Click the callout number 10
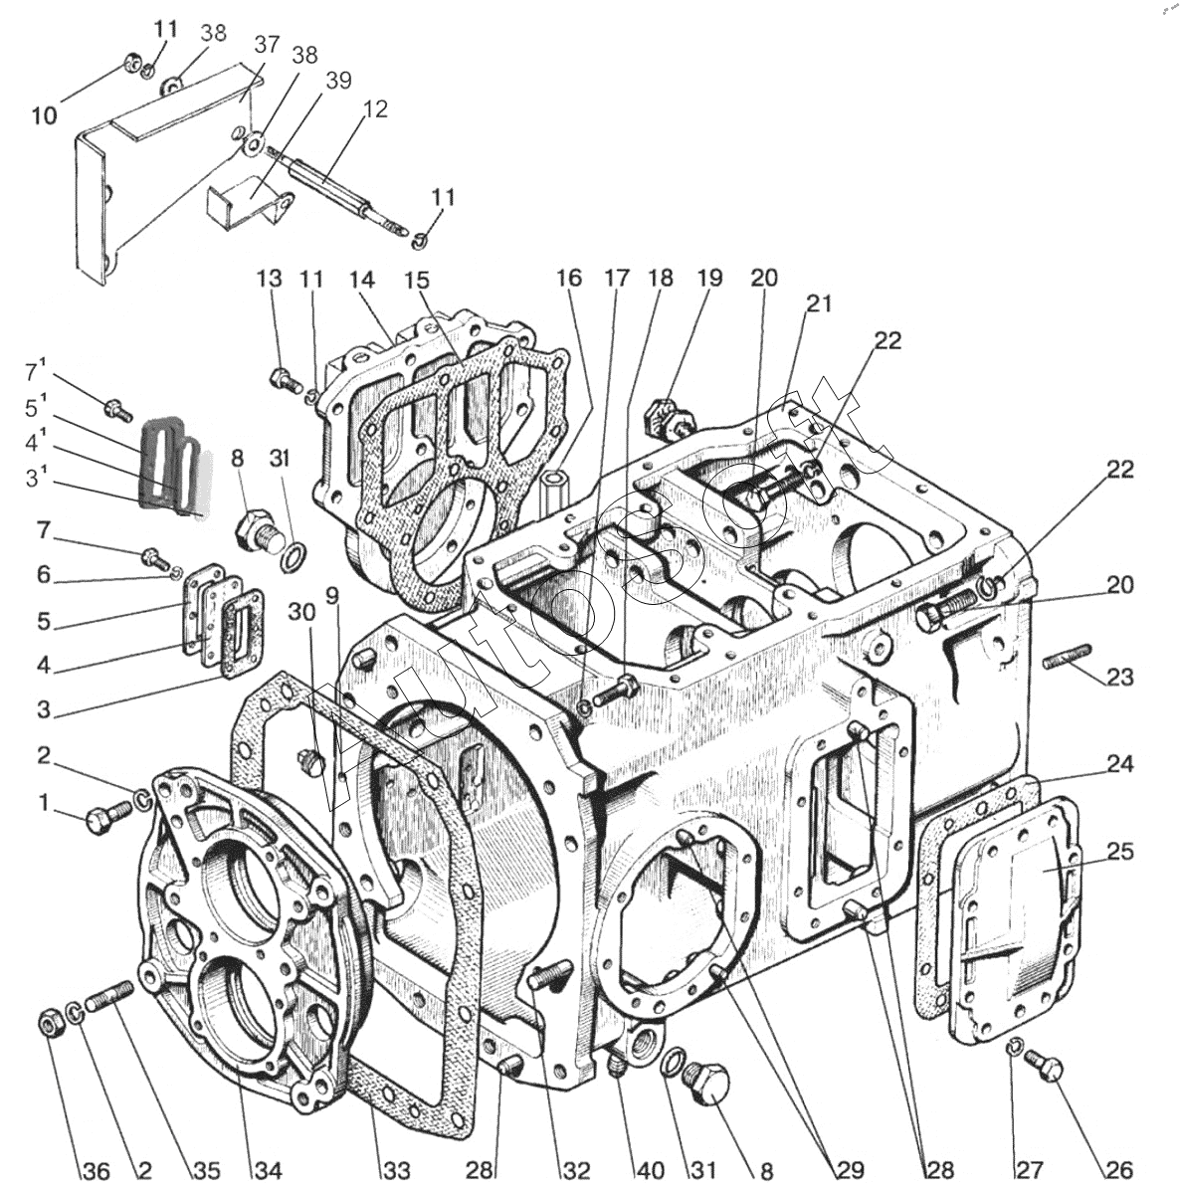tap(45, 115)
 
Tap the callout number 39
tap(338, 81)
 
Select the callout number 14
tap(362, 280)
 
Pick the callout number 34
tap(268, 1170)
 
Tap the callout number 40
tap(650, 1170)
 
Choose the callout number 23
tap(1120, 677)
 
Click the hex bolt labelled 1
tap(109, 817)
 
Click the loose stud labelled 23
tap(1066, 656)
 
